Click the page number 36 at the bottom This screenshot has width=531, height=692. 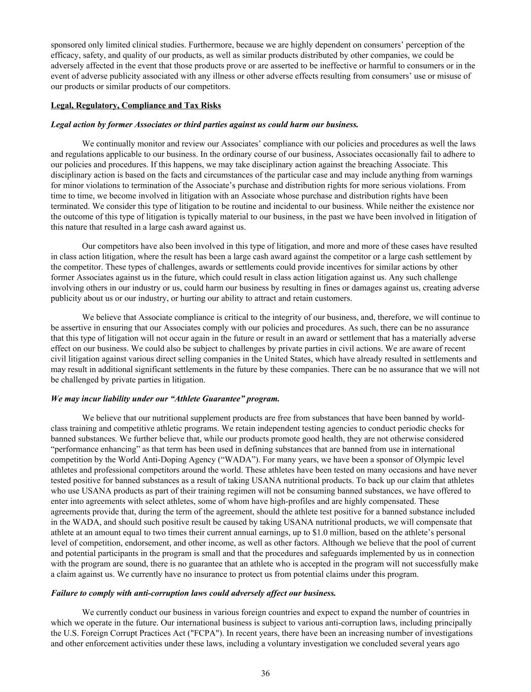pos(265,673)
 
